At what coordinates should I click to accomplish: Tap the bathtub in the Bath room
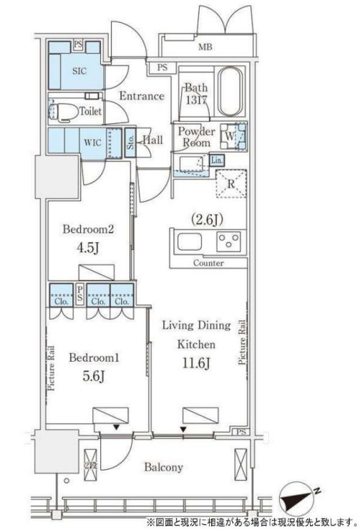(230, 92)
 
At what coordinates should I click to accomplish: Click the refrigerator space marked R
(231, 183)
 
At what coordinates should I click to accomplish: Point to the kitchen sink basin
(190, 241)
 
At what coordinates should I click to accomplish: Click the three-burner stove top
(229, 241)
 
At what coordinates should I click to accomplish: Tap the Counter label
(208, 263)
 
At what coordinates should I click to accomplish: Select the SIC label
(79, 71)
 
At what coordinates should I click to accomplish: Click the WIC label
(92, 143)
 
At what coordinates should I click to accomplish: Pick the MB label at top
(205, 47)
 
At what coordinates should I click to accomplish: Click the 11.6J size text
(197, 364)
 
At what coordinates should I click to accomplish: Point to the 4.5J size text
(87, 248)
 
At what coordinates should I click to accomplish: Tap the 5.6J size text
(93, 376)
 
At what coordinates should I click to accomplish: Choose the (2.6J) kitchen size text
(207, 220)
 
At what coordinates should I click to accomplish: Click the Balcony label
(164, 467)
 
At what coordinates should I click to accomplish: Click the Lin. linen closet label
(216, 160)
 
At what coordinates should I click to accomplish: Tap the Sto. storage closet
(130, 143)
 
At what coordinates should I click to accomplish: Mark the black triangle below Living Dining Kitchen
(183, 429)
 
